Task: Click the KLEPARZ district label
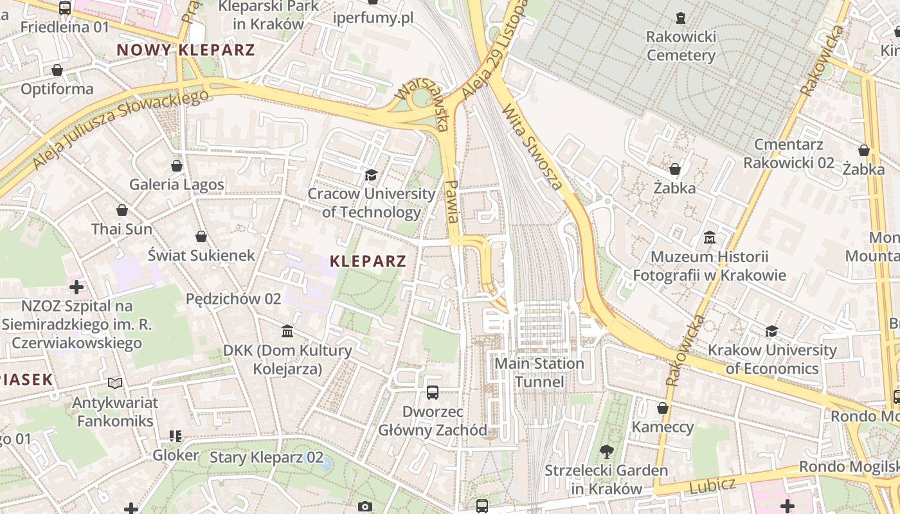click(368, 261)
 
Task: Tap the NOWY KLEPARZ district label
click(186, 50)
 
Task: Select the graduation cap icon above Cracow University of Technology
click(371, 175)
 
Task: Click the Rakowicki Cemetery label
click(681, 46)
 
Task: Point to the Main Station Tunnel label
click(539, 373)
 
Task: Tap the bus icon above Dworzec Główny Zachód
click(433, 392)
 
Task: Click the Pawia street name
click(452, 202)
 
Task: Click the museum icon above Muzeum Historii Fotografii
click(709, 238)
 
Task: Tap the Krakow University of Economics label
click(772, 359)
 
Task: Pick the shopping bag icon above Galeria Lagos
click(177, 166)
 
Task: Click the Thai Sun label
click(122, 229)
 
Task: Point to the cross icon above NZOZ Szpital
click(76, 287)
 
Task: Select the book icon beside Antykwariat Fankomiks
click(115, 384)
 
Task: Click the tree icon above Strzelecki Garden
click(606, 451)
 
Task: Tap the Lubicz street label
click(712, 486)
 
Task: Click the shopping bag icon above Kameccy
click(663, 408)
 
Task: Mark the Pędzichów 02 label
click(233, 299)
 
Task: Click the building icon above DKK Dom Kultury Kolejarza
click(287, 332)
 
